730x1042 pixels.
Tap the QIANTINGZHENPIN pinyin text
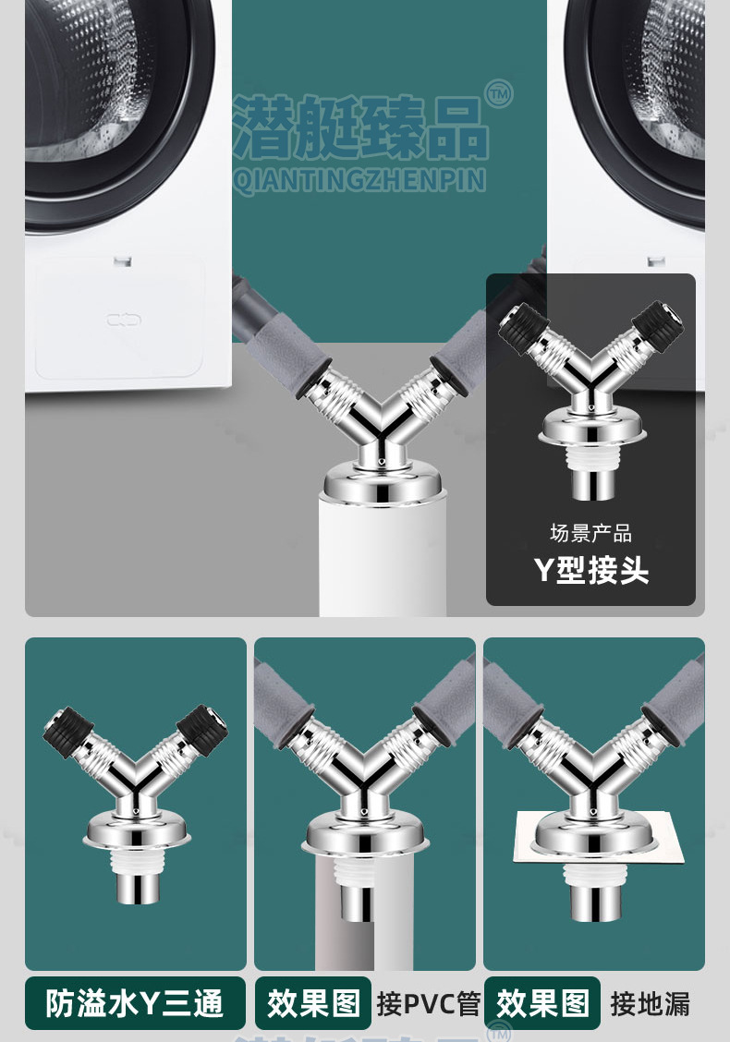[359, 181]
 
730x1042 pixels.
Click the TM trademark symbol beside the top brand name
[499, 93]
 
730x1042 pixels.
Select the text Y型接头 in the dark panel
[591, 570]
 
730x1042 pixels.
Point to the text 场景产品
[591, 533]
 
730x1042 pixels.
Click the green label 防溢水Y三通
[135, 1003]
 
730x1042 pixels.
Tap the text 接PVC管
[428, 1003]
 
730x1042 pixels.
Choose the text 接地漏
[650, 1003]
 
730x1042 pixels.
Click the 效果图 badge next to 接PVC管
[313, 1003]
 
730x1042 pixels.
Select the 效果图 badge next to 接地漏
[542, 1003]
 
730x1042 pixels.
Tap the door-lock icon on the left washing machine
[124, 321]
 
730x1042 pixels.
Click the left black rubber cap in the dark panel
[524, 327]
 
